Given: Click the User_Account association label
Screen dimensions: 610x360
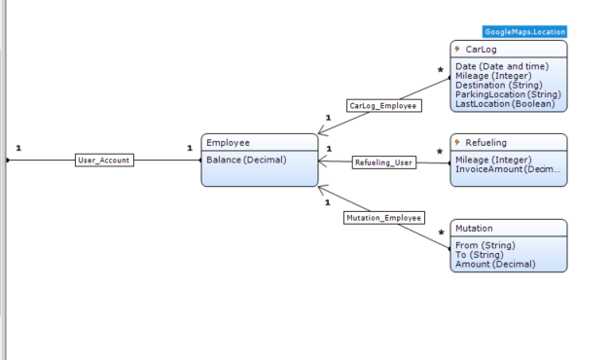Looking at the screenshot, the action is pos(104,160).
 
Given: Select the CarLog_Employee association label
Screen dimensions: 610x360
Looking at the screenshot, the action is pos(384,106).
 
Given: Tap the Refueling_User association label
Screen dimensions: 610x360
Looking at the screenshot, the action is pos(384,162).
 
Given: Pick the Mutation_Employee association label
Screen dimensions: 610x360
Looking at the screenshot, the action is pos(384,218).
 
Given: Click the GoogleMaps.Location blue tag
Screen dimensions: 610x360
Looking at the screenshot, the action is pos(524,32).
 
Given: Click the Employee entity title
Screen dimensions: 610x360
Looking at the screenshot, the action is pos(228,143).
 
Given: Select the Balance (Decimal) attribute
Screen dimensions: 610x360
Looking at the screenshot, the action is pos(246,160).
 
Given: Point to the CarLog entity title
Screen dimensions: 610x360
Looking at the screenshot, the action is pos(481,50).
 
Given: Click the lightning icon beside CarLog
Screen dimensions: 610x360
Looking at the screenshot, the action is pos(457,49).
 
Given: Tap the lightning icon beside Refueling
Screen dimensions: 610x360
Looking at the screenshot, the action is pos(457,142).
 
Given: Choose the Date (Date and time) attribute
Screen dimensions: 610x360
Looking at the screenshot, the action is pos(502,66).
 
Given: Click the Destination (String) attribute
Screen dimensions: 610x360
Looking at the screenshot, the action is pos(499,86).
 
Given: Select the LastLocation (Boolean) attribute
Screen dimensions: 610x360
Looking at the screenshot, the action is pos(505,104).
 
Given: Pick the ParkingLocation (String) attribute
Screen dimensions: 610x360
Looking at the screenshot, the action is pos(508,94).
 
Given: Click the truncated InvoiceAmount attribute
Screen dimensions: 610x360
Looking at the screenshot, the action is pos(508,169).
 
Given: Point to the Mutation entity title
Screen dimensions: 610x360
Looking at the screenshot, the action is pos(474,229).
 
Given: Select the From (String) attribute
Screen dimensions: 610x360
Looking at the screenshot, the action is pos(485,245).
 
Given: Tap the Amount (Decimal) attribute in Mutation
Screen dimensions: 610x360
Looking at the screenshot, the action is pos(495,265).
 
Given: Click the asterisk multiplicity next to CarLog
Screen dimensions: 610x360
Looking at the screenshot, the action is pos(441,70).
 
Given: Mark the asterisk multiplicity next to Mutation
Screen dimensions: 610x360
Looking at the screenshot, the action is pos(441,234).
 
